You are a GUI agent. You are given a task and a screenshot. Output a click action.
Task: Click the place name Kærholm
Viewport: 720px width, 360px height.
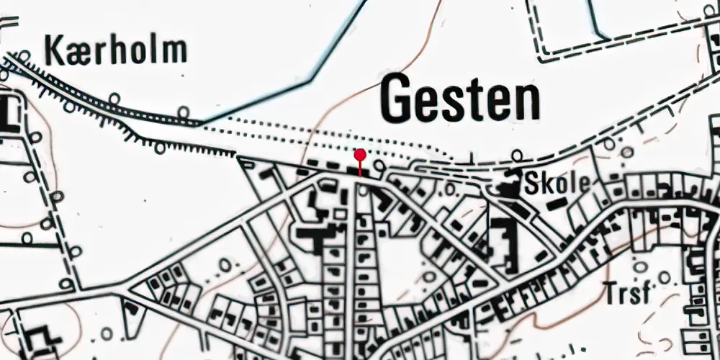pos(116,51)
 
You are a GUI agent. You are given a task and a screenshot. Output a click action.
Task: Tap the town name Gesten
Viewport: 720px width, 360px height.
pos(461,100)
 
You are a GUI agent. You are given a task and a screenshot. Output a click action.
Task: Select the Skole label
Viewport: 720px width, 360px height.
pos(557,183)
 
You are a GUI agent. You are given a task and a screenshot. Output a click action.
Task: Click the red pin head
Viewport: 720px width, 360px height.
pos(360,154)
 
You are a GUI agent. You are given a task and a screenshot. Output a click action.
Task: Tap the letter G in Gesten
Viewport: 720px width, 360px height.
pos(398,100)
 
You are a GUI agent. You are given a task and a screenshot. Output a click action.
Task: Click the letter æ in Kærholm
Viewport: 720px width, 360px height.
pos(75,53)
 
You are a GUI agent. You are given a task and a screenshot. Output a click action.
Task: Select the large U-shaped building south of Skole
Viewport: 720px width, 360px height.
pos(504,245)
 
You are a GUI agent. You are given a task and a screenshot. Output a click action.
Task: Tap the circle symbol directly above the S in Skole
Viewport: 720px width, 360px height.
pos(518,155)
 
